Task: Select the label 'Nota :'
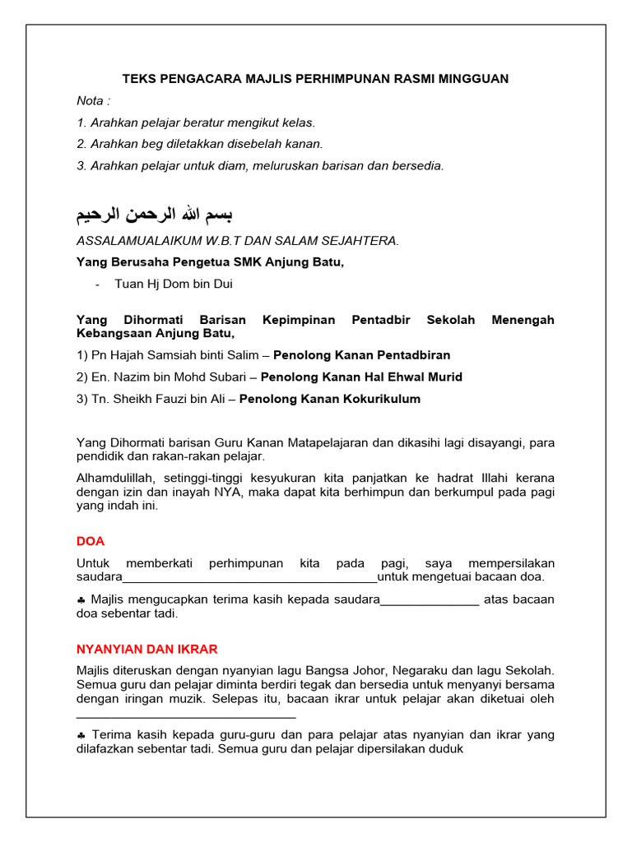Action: point(93,101)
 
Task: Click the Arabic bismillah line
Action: point(154,215)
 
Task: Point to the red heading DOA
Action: point(91,541)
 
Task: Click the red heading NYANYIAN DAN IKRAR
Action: point(146,649)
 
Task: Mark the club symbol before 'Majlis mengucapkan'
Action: point(81,599)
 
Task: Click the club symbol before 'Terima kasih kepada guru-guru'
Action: point(81,735)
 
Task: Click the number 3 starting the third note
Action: point(81,165)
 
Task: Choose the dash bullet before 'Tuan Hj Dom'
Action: point(98,285)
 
